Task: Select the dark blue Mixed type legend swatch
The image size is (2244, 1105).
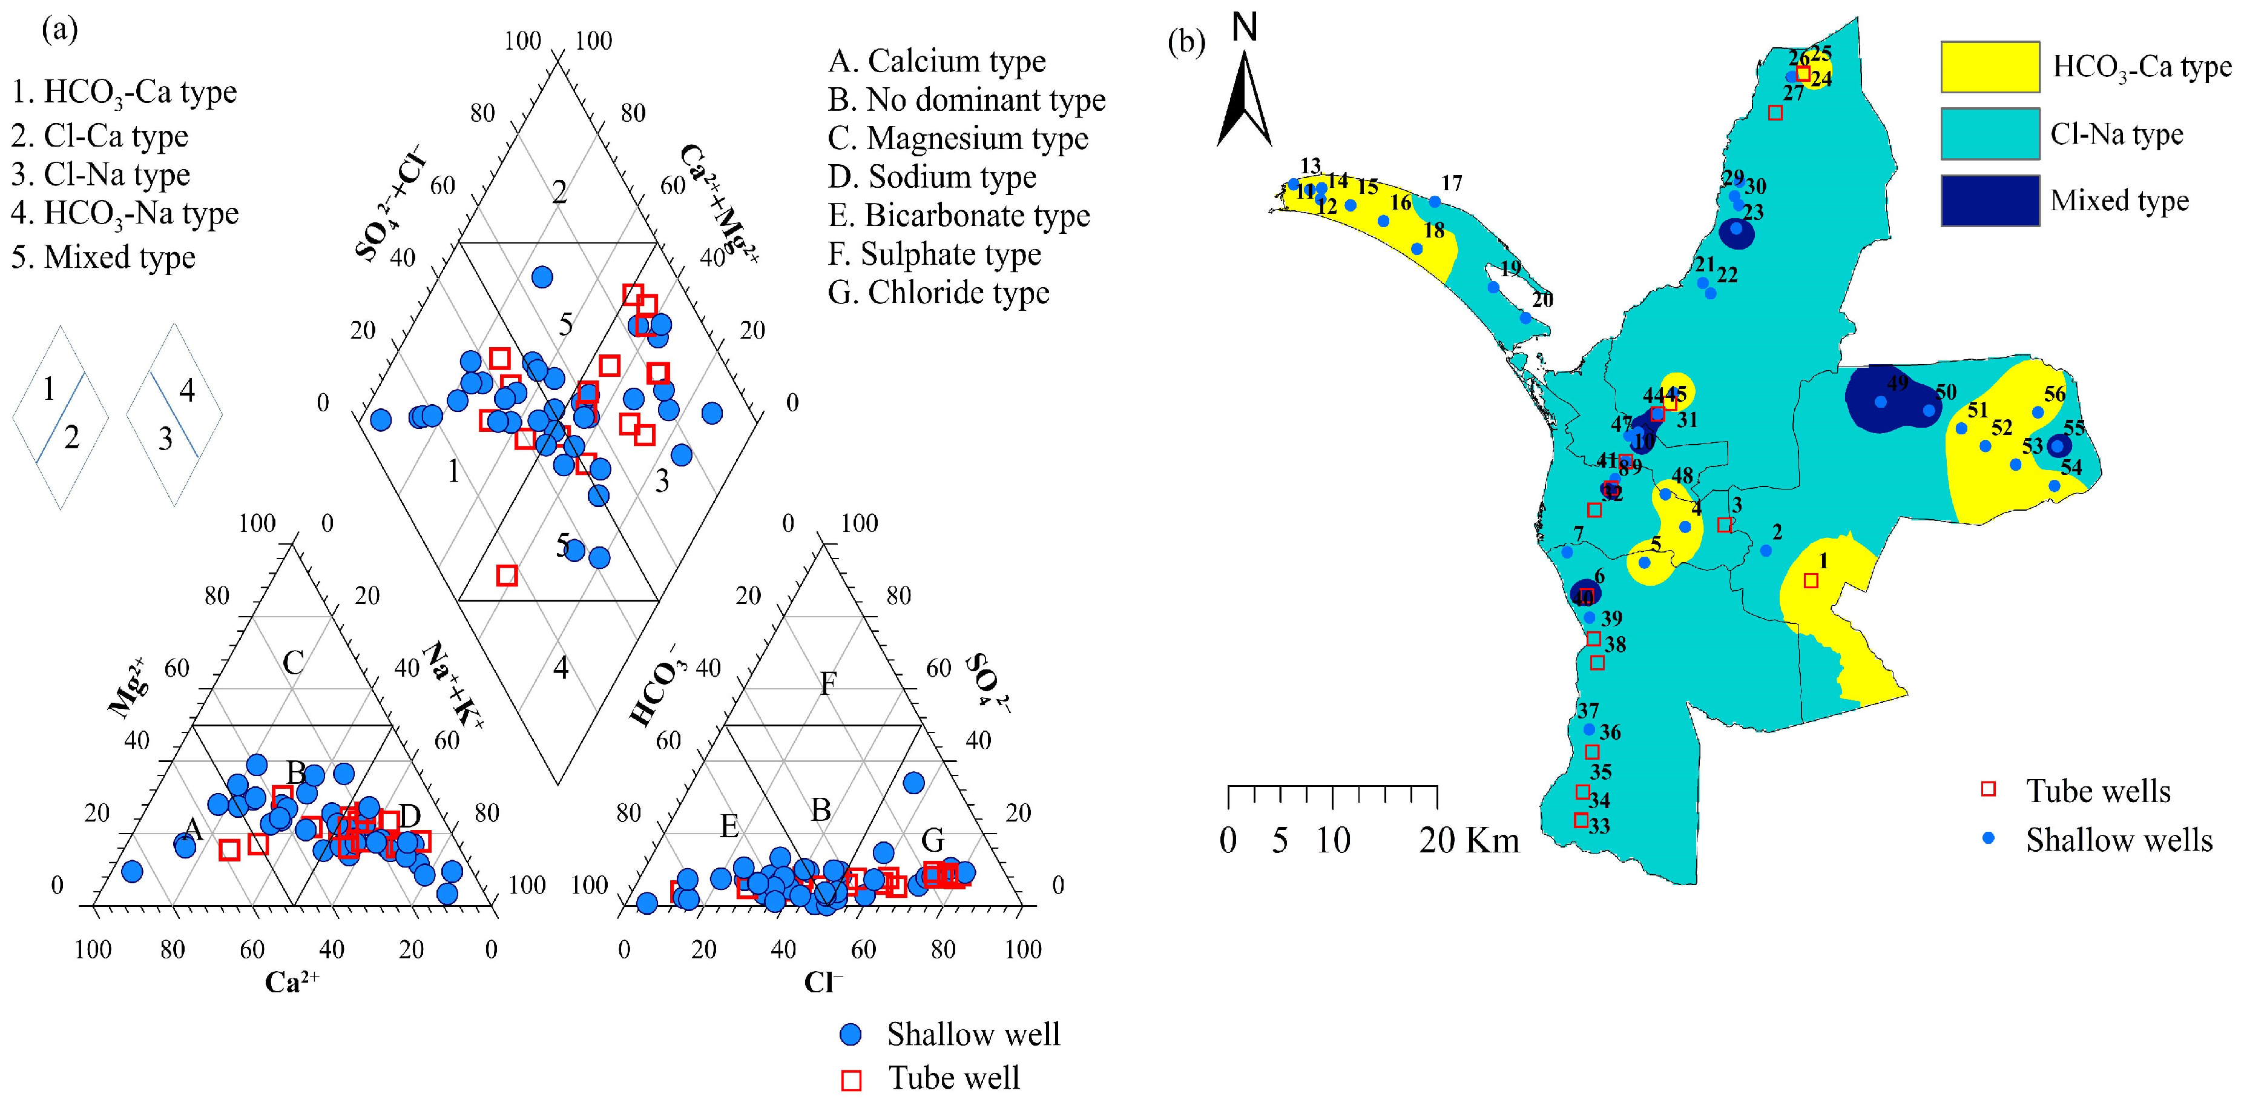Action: [x=1990, y=201]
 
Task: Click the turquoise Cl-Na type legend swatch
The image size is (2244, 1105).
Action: [x=1990, y=133]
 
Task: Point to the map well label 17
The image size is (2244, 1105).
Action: [x=1451, y=183]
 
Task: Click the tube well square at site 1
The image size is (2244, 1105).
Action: [x=1811, y=580]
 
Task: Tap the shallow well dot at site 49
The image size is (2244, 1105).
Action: [x=1881, y=402]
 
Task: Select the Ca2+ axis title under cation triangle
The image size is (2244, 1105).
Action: [x=292, y=982]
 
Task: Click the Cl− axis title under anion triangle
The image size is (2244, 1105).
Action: [x=823, y=982]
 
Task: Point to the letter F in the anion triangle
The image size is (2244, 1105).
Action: [x=828, y=683]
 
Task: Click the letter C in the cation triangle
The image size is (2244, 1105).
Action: [x=293, y=662]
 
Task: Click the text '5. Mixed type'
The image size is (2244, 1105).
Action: [x=104, y=257]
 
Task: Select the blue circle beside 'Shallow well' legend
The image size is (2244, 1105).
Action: [x=851, y=1034]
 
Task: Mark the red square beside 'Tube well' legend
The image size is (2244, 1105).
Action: [x=851, y=1080]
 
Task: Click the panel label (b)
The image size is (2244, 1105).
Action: [x=1186, y=42]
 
